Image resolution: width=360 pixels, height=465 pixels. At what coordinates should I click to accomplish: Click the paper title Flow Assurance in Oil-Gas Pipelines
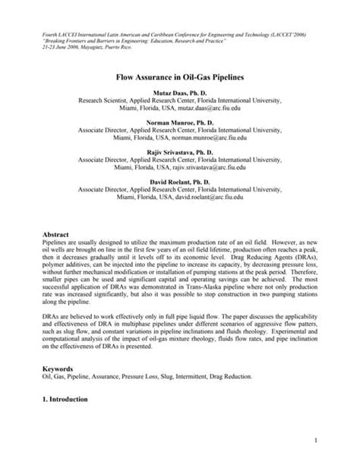pos(180,77)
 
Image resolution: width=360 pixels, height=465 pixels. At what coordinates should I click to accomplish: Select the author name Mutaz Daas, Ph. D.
pos(180,93)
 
